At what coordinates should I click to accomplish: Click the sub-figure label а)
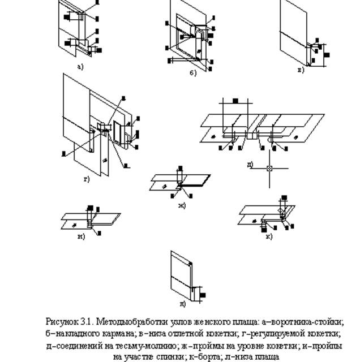[80, 66]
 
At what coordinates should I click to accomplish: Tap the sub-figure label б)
[192, 74]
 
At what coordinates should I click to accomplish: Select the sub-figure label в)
[301, 70]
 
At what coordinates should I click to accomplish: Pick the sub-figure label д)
[250, 165]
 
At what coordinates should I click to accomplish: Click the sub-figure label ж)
[182, 204]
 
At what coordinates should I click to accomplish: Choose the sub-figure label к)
[269, 236]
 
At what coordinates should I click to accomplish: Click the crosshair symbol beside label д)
[270, 169]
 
